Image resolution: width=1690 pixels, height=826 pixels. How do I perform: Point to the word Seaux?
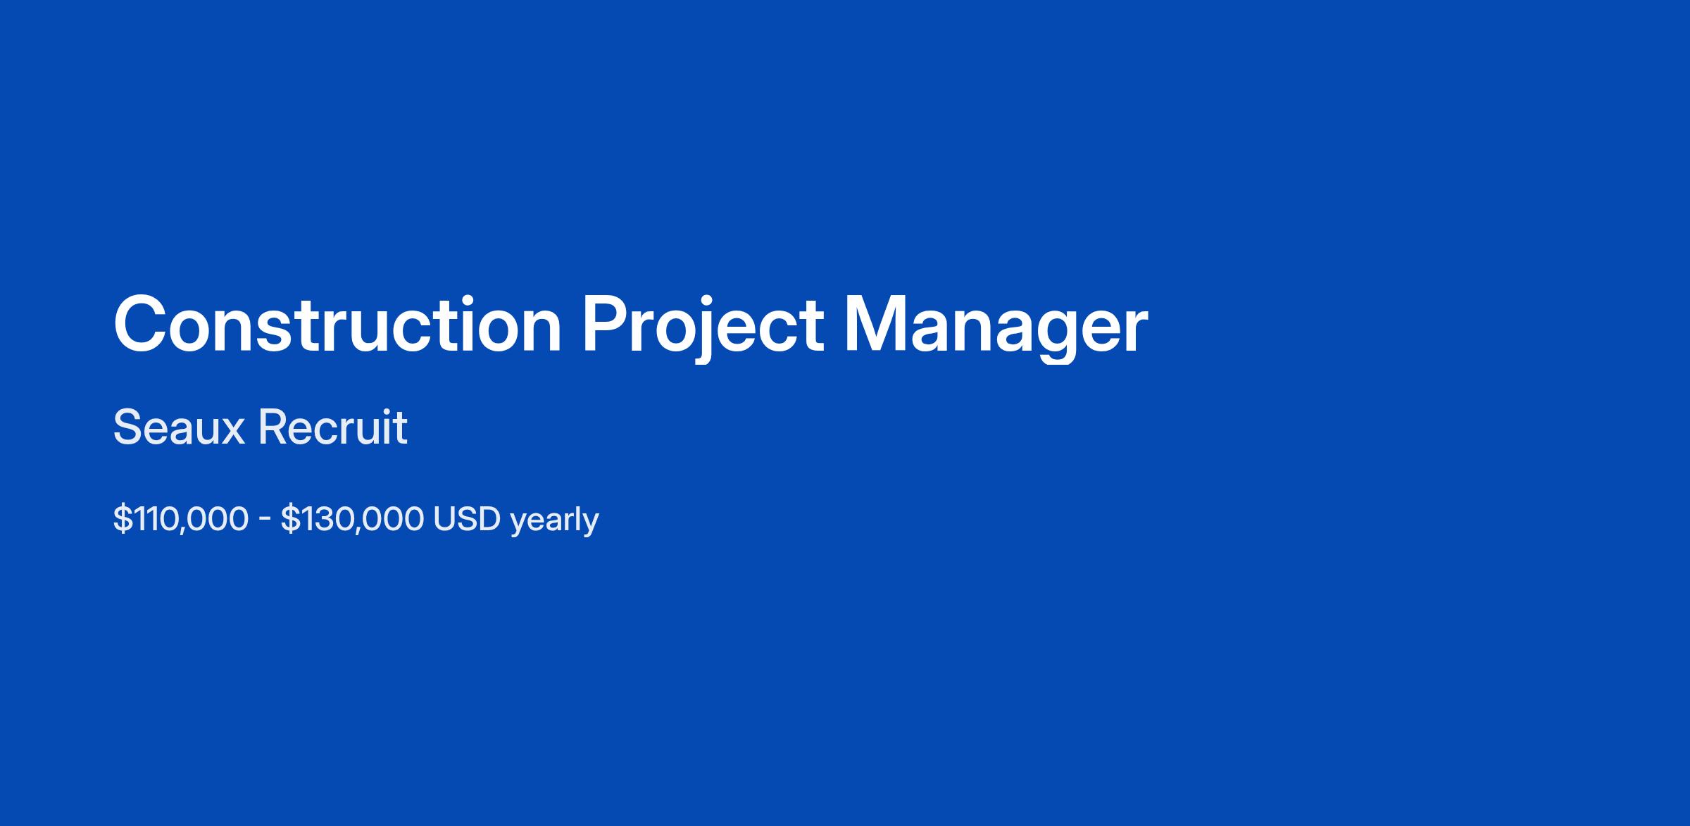pyautogui.click(x=178, y=427)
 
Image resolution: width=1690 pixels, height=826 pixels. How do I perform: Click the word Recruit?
pyautogui.click(x=333, y=427)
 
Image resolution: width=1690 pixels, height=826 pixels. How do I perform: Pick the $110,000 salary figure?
pyautogui.click(x=181, y=520)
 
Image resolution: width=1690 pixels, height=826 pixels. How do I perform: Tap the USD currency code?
pyautogui.click(x=467, y=519)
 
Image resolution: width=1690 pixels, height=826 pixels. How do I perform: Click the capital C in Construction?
pyautogui.click(x=141, y=324)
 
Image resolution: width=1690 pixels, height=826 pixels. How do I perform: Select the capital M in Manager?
pyautogui.click(x=874, y=324)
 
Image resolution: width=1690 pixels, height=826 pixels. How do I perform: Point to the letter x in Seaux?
pyautogui.click(x=232, y=432)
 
